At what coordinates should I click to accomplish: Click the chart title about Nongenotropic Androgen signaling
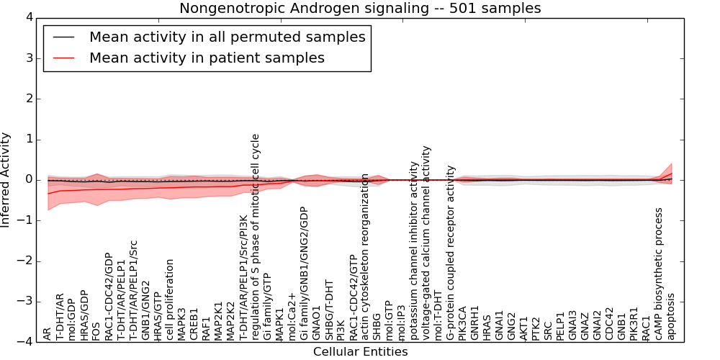[360, 9]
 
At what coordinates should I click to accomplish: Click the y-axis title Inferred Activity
[6, 179]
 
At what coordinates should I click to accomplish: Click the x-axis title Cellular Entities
[360, 352]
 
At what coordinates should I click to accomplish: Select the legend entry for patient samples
[207, 58]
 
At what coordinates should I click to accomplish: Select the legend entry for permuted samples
[227, 37]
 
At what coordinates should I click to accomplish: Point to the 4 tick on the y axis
[30, 17]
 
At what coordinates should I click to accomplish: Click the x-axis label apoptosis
[671, 315]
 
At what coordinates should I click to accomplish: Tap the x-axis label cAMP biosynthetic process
[659, 274]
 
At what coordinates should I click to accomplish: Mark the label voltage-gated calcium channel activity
[426, 243]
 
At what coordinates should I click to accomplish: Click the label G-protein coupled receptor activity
[451, 252]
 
